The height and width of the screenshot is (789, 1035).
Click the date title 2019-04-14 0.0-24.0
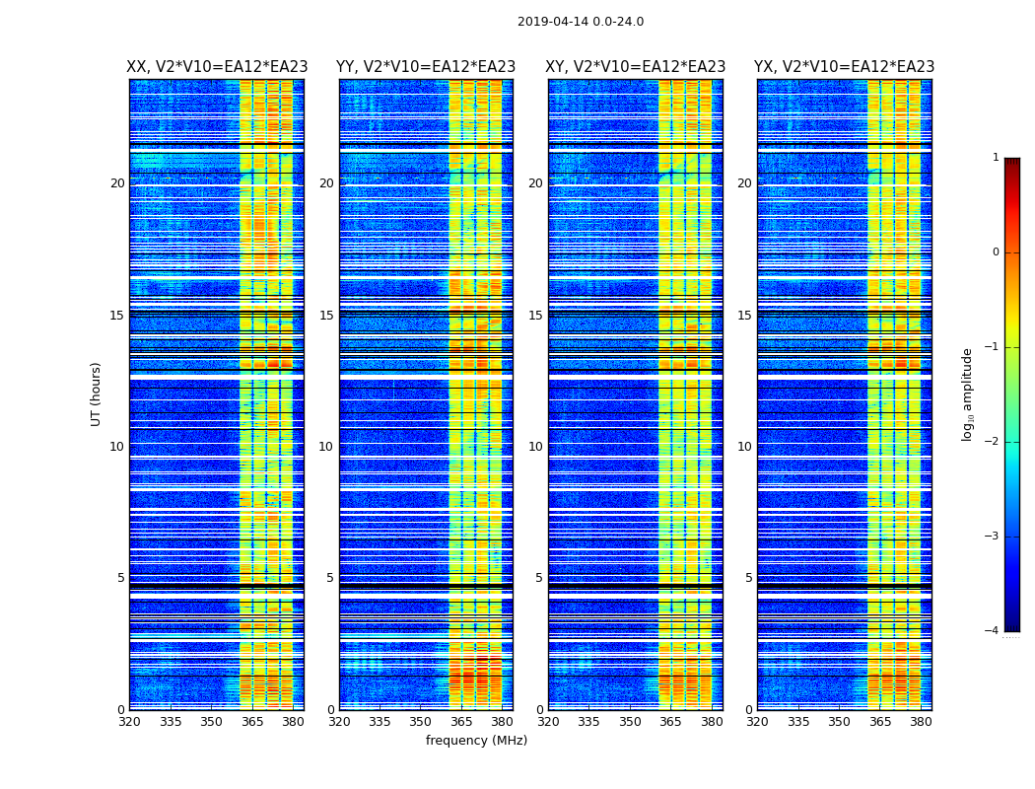[581, 22]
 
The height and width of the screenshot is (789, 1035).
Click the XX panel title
[217, 67]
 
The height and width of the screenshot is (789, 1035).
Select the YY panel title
[426, 67]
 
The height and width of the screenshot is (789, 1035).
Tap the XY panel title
[636, 67]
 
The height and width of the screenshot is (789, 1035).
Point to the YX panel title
[844, 67]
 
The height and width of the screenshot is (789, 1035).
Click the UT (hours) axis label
[97, 394]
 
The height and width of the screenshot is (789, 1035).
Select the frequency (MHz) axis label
[476, 741]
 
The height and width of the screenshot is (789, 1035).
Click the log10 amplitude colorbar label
[968, 394]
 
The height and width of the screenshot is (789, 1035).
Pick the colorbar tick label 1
[996, 158]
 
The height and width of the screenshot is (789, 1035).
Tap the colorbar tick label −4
[993, 631]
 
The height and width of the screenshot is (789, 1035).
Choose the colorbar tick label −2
[993, 442]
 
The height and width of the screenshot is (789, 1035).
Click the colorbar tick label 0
[996, 252]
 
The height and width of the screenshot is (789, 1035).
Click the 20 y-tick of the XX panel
[117, 183]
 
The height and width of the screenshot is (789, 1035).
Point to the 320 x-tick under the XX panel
[129, 722]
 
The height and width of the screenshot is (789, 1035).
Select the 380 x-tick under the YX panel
[921, 722]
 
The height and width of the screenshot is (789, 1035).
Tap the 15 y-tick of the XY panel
[535, 316]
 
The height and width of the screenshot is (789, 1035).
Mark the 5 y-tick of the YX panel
[748, 578]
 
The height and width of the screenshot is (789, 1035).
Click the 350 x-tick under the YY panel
[421, 722]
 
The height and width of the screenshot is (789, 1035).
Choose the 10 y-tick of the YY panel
[326, 447]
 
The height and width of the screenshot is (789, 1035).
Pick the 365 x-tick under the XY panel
[670, 722]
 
